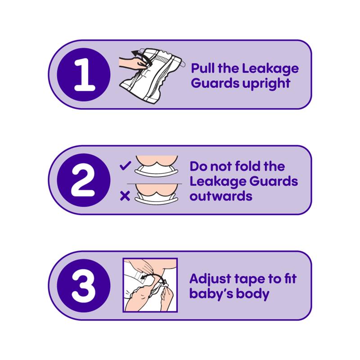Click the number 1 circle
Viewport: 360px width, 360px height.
point(84,75)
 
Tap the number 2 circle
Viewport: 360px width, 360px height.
point(84,180)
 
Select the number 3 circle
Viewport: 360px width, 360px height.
point(84,286)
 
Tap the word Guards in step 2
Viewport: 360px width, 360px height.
point(274,181)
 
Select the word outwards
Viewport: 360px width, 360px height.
point(221,196)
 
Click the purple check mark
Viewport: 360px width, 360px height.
point(126,166)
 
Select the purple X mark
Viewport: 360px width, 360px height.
point(125,196)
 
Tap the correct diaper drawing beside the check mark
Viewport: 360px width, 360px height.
point(156,166)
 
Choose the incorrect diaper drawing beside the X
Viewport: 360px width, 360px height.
point(156,194)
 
